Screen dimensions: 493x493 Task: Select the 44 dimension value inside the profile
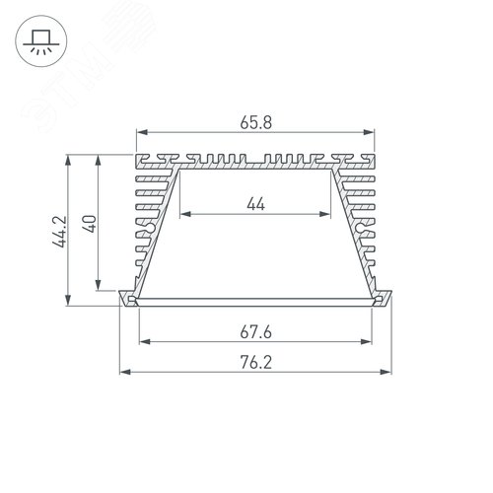(x=256, y=204)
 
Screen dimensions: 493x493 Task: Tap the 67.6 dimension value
(x=256, y=333)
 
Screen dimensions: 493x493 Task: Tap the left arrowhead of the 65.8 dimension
(x=139, y=132)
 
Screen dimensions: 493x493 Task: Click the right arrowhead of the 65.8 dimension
(x=374, y=132)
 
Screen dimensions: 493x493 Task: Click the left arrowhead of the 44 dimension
(x=184, y=214)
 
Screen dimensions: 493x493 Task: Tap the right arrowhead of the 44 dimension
(x=328, y=214)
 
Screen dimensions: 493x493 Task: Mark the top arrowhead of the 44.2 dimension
(x=68, y=157)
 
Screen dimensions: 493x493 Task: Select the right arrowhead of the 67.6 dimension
(x=375, y=342)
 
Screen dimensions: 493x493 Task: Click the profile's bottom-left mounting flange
(x=127, y=299)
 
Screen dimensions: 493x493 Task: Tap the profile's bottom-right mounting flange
(x=386, y=299)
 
